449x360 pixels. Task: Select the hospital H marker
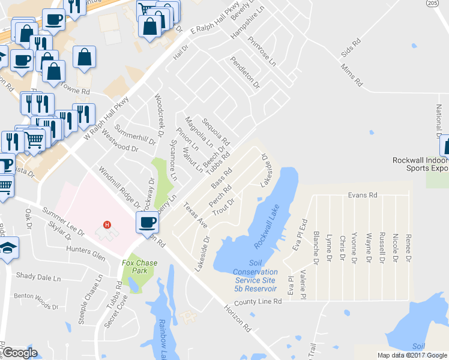point(107,225)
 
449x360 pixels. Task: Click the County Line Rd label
point(258,302)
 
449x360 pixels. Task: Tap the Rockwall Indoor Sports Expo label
point(420,164)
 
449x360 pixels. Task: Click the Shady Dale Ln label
point(38,278)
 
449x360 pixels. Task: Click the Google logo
point(20,353)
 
